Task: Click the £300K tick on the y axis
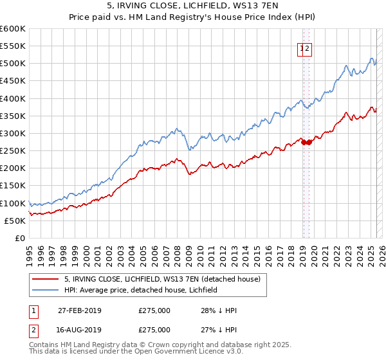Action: tap(13, 134)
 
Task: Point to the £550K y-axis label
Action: tap(13, 46)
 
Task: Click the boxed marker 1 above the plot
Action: tap(301, 48)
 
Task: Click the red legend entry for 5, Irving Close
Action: tap(161, 279)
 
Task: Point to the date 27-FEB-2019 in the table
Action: tap(79, 310)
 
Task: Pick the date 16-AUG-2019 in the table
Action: tap(79, 329)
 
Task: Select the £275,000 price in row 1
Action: tap(154, 310)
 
